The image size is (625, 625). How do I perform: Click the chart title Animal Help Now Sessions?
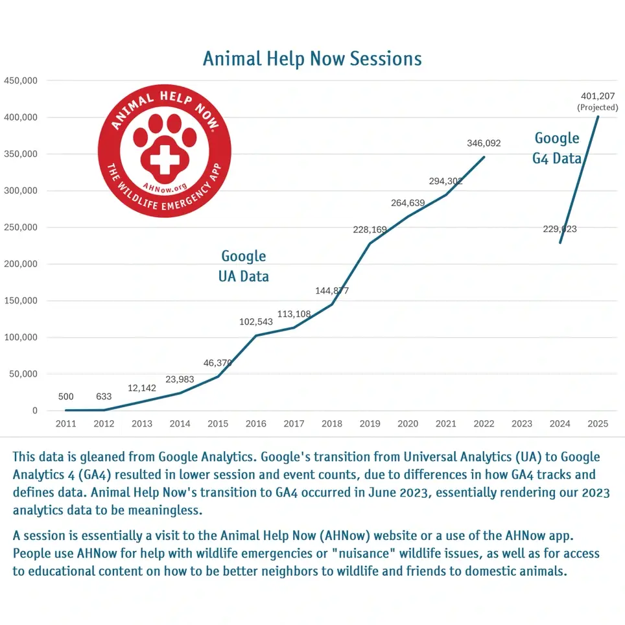[x=312, y=58]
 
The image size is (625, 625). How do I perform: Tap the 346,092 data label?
[x=484, y=143]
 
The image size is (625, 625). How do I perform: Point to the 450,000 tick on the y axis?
[x=21, y=80]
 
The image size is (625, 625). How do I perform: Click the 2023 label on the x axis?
[x=522, y=424]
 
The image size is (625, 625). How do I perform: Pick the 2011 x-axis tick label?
[x=65, y=424]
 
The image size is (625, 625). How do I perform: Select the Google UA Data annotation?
[x=244, y=266]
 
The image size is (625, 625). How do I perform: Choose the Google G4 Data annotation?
[x=557, y=148]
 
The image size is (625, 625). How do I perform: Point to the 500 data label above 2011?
[x=65, y=397]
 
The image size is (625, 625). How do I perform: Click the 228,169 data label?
[x=370, y=230]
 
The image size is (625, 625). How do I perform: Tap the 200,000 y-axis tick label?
[x=21, y=264]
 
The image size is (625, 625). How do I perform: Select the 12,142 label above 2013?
[x=142, y=388]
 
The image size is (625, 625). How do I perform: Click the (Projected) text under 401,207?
[x=597, y=107]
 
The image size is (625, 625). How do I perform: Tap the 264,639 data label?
[x=408, y=203]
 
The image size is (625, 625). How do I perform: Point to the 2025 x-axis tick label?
[x=597, y=424]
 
